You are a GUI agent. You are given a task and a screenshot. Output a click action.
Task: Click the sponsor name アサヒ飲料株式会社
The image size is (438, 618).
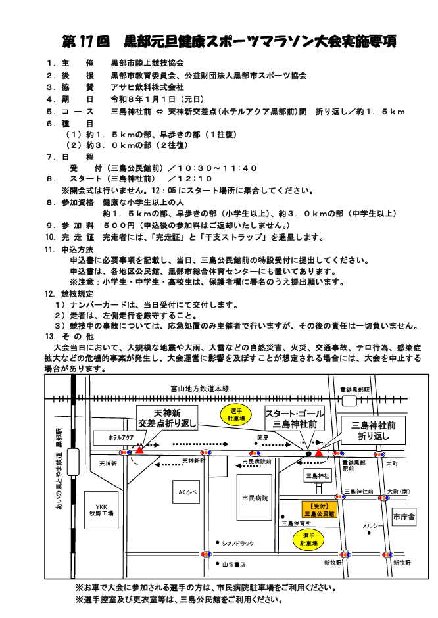148,87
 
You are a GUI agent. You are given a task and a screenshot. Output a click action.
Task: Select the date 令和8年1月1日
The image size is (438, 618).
143,99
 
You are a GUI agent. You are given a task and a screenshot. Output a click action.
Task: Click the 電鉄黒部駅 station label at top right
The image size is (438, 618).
354,390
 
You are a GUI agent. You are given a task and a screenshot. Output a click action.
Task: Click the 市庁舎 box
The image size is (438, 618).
404,517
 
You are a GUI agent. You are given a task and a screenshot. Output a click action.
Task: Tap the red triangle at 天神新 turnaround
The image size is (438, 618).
139,451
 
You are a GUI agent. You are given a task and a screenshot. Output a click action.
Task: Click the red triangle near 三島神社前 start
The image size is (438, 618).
320,452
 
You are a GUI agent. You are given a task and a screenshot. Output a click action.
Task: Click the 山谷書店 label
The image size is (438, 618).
233,564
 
